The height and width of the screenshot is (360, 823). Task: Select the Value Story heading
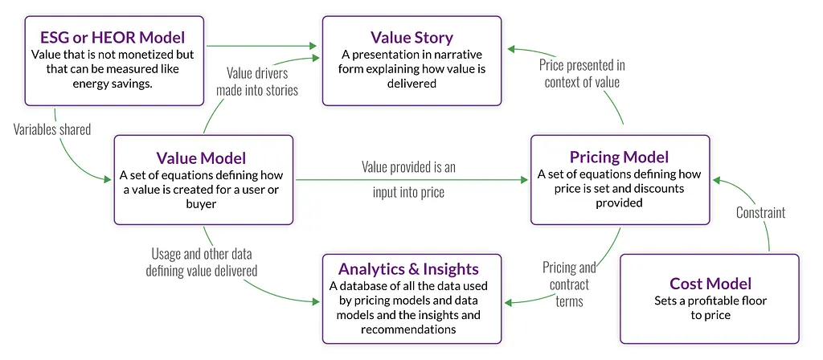[411, 38]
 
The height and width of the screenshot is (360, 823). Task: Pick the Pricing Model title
[620, 157]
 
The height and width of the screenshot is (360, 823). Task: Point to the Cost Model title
[710, 284]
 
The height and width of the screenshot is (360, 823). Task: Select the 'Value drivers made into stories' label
[256, 80]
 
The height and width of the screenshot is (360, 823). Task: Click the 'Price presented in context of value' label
[582, 72]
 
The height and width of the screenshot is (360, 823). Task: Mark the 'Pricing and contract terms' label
[569, 284]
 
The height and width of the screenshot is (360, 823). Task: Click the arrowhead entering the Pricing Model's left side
[525, 180]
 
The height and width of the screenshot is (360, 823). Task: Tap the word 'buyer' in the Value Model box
[205, 204]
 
